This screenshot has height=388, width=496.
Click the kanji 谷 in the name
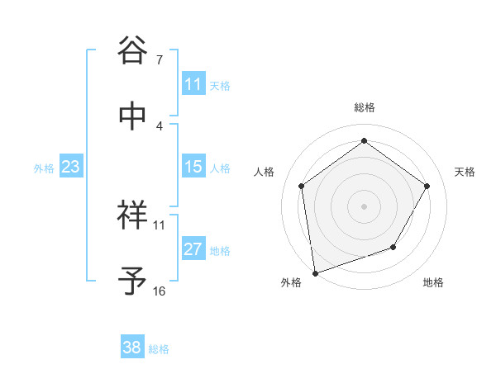point(133,50)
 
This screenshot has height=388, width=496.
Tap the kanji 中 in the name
point(133,116)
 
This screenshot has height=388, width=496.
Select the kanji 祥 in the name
point(133,215)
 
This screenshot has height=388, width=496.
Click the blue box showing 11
point(193,84)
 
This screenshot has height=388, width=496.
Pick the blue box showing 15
point(193,167)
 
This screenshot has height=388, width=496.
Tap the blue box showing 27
point(193,249)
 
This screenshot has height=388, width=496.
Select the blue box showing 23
point(71,167)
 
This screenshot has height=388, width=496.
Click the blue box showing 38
point(132,348)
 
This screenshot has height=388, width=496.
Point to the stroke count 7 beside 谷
point(160,60)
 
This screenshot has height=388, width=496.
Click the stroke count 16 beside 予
point(160,291)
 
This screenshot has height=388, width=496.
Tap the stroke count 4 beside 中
point(160,125)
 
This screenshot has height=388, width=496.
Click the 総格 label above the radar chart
point(364,107)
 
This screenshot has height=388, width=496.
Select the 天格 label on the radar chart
point(465,172)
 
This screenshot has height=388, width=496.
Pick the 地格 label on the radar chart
point(432,282)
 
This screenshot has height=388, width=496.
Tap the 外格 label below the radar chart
point(290,282)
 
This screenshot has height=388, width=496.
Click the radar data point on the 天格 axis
point(427,186)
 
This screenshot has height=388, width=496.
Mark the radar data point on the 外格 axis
point(314,272)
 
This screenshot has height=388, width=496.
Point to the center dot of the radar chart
point(364,206)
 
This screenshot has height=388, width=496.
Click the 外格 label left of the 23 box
point(44,168)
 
